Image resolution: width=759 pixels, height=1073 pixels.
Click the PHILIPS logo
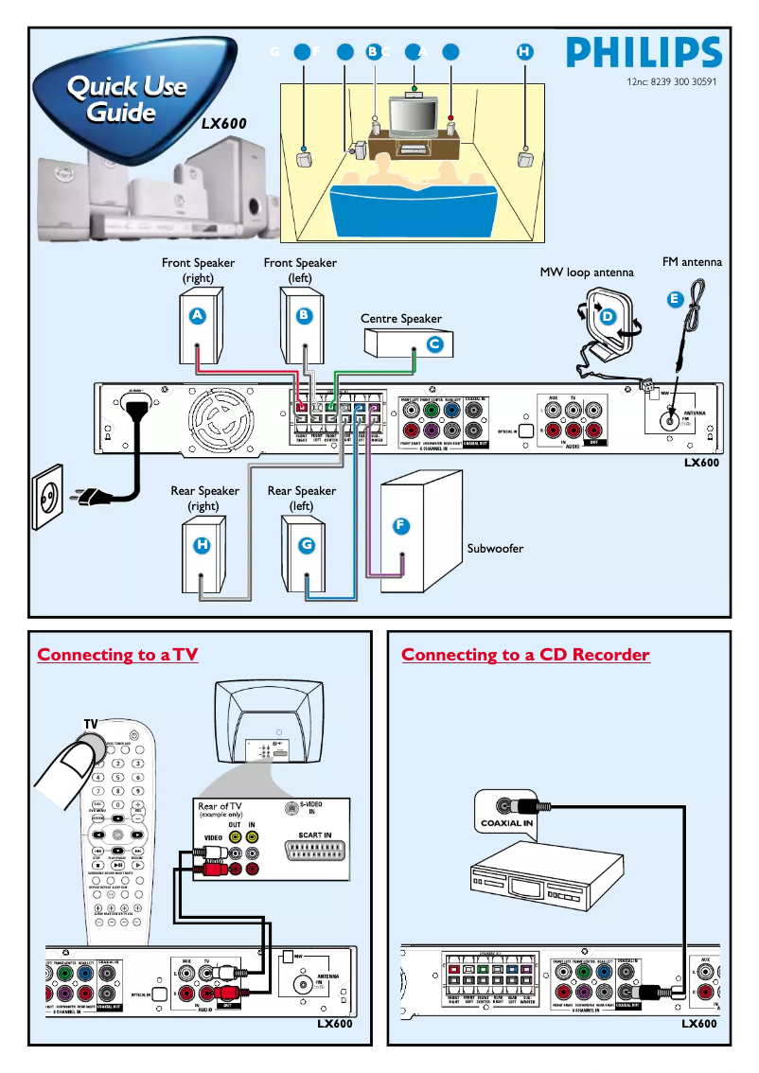(644, 52)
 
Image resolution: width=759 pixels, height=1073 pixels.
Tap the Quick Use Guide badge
(124, 100)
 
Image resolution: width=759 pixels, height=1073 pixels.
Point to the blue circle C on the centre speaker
(434, 344)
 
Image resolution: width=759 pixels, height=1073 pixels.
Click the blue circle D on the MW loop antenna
(608, 316)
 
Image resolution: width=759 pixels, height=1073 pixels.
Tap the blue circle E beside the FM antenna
(674, 299)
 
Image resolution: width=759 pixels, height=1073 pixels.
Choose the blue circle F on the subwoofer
(401, 524)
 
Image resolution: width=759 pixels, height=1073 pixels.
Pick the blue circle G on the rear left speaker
(306, 545)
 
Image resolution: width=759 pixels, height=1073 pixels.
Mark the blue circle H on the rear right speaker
(202, 545)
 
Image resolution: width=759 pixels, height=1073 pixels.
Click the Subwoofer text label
(495, 548)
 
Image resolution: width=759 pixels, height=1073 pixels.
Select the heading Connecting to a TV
(117, 655)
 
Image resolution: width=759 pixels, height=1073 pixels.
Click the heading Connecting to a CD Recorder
(525, 655)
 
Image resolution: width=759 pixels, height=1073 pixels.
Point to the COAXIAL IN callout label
(507, 823)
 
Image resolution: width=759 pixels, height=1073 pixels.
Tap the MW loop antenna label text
(587, 273)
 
